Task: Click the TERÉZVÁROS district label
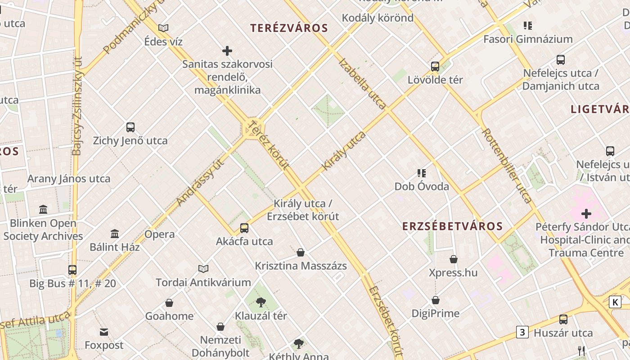[x=289, y=28]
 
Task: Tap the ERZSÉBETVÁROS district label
[x=452, y=226]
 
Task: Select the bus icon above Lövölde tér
[x=435, y=67]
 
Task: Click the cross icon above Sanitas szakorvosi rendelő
[x=227, y=51]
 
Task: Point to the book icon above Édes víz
[x=163, y=28]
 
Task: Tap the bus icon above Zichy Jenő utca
[x=130, y=127]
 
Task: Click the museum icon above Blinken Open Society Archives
[x=43, y=210]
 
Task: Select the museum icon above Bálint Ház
[x=115, y=234]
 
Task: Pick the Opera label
[x=159, y=234]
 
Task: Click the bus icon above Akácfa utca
[x=244, y=228]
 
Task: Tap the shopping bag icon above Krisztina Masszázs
[x=301, y=252]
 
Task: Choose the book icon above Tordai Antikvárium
[x=203, y=269]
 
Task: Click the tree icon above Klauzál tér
[x=261, y=302]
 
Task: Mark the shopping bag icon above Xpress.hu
[x=454, y=260]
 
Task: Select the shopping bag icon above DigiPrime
[x=436, y=300]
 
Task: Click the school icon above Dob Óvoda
[x=422, y=173]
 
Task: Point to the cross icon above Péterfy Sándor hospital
[x=586, y=213]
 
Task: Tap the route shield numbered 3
[x=522, y=333]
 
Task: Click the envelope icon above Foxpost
[x=104, y=332]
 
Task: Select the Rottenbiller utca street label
[x=506, y=165]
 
